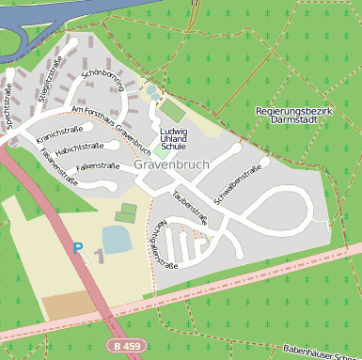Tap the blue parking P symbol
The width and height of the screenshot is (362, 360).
(78, 249)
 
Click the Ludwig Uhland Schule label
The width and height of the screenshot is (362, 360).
(173, 139)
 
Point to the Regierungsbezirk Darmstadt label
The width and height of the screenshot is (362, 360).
(294, 115)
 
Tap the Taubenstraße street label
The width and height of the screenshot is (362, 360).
(190, 208)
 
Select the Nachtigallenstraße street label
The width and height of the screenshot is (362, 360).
(160, 245)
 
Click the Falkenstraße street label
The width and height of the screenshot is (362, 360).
(97, 166)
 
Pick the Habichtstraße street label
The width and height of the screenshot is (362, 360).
(79, 147)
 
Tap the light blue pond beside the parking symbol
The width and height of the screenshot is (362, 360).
(118, 240)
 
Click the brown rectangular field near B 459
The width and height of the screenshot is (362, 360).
(69, 305)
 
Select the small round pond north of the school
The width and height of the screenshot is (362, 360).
(152, 92)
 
